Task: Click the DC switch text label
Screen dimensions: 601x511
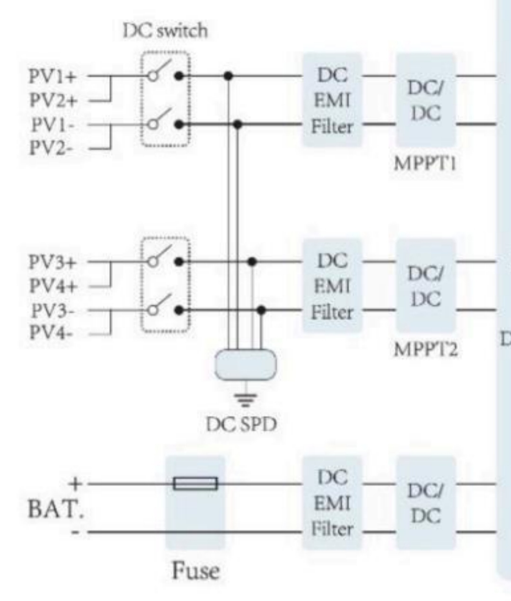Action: pyautogui.click(x=165, y=31)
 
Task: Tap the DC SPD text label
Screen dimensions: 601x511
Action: pyautogui.click(x=241, y=425)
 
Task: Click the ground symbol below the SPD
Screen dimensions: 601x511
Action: pyautogui.click(x=245, y=400)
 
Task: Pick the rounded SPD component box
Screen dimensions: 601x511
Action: pyautogui.click(x=245, y=364)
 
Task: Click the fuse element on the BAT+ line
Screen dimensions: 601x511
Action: pyautogui.click(x=195, y=483)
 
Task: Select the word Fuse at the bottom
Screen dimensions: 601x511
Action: pyautogui.click(x=195, y=571)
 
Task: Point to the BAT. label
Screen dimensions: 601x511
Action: pyautogui.click(x=56, y=509)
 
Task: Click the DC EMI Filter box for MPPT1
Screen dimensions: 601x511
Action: pyautogui.click(x=332, y=100)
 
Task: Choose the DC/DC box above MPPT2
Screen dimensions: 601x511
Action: pyautogui.click(x=425, y=286)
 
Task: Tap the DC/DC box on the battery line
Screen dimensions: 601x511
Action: pyautogui.click(x=425, y=503)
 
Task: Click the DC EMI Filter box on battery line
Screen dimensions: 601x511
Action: pyautogui.click(x=332, y=503)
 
